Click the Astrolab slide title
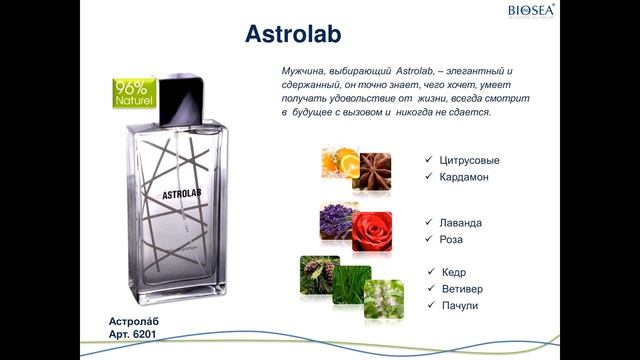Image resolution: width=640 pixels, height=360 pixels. pos(294,35)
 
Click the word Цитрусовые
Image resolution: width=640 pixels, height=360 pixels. pos(468,160)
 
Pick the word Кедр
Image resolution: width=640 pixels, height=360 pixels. pos(454,272)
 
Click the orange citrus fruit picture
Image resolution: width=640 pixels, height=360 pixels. pos(340,161)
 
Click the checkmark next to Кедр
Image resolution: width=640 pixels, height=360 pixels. pos(430,272)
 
